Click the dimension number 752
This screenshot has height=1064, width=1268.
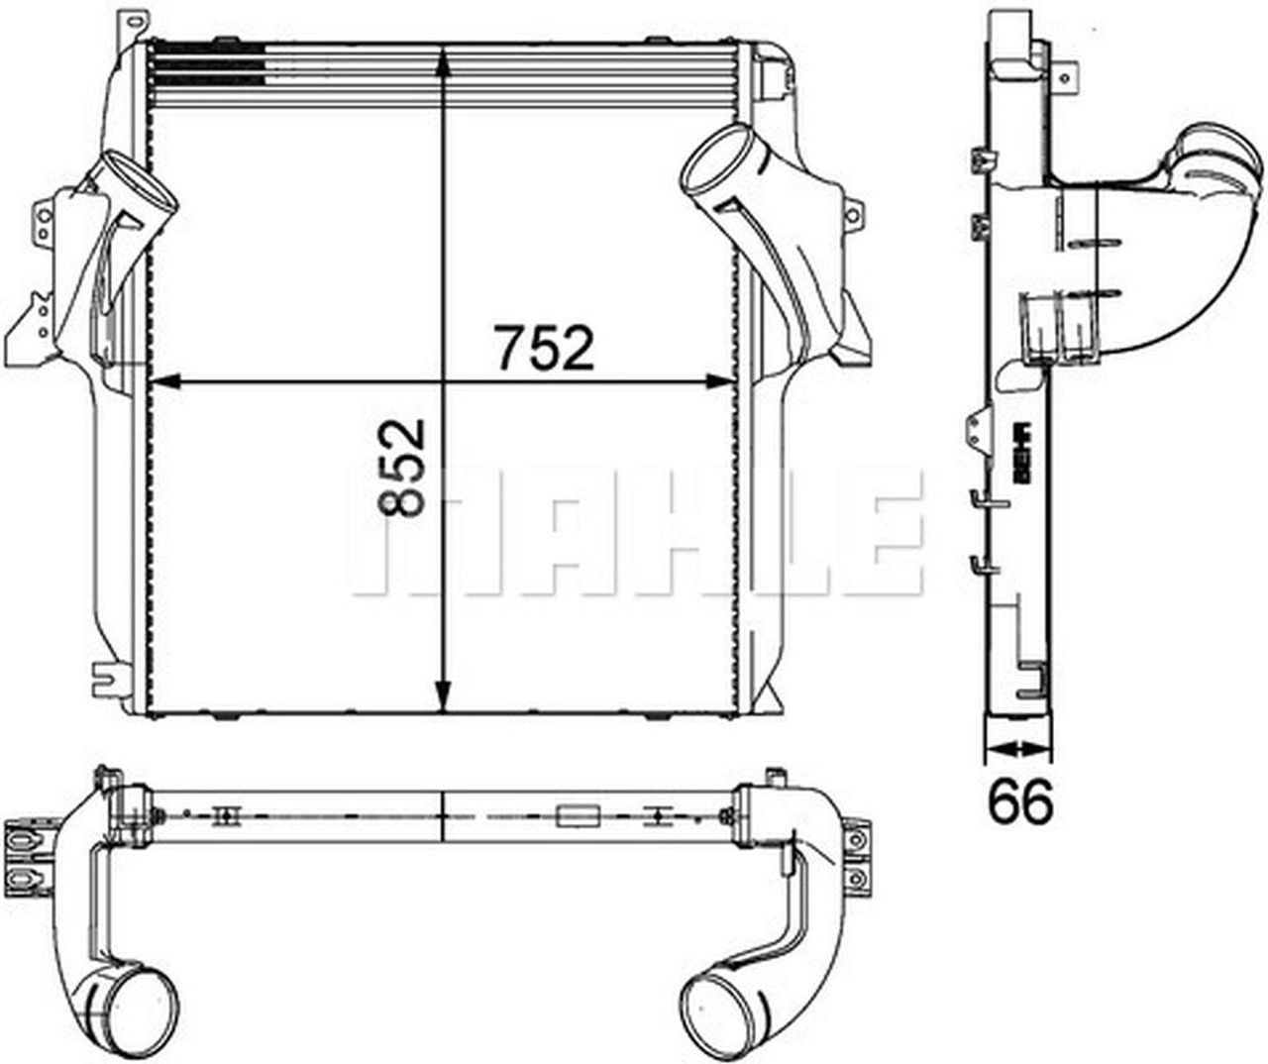(544, 348)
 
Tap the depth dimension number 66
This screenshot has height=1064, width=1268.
(1020, 800)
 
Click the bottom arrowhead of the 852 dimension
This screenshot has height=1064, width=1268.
(444, 694)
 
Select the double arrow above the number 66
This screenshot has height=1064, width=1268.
(1017, 749)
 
